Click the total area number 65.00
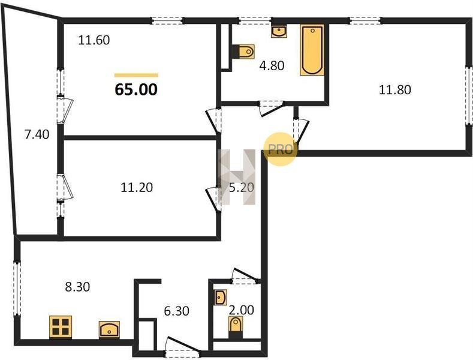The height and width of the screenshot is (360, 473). (x=136, y=89)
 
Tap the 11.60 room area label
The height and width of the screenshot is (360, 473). (x=94, y=40)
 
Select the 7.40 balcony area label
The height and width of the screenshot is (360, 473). (x=37, y=134)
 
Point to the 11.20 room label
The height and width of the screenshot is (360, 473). (x=137, y=188)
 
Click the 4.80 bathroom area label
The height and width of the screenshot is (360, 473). (x=272, y=65)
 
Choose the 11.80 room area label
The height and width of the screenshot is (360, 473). (x=395, y=89)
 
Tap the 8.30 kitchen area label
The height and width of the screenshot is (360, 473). (x=77, y=287)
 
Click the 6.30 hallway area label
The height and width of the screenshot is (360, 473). (x=176, y=311)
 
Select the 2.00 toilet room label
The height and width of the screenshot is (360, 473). (x=242, y=310)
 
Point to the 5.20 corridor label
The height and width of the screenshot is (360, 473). (x=242, y=188)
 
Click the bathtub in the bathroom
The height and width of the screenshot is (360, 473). (x=312, y=50)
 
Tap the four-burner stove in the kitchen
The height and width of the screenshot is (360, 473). (x=61, y=327)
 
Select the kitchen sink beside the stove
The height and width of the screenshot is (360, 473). (x=109, y=329)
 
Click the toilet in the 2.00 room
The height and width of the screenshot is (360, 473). (x=236, y=328)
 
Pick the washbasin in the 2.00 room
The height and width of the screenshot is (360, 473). (x=221, y=297)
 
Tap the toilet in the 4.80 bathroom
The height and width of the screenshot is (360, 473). (x=243, y=52)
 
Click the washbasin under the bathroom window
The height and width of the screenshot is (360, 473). (x=279, y=31)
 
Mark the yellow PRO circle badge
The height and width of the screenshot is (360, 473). (x=280, y=149)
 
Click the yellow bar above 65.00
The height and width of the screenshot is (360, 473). (x=136, y=75)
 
